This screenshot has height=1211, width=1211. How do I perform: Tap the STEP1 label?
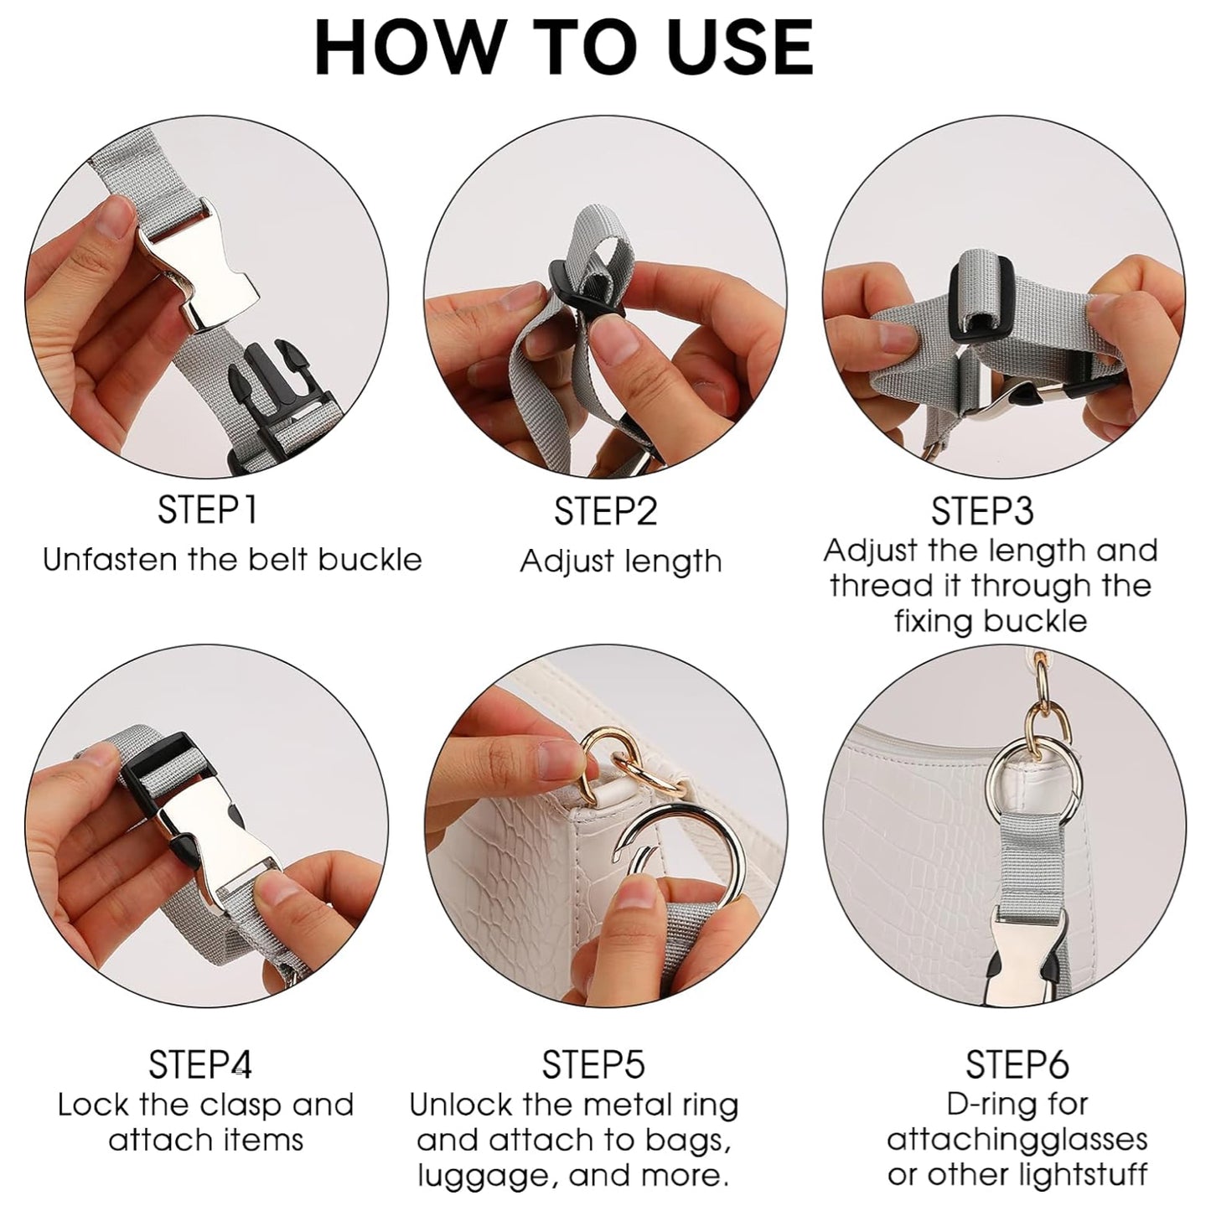[207, 510]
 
